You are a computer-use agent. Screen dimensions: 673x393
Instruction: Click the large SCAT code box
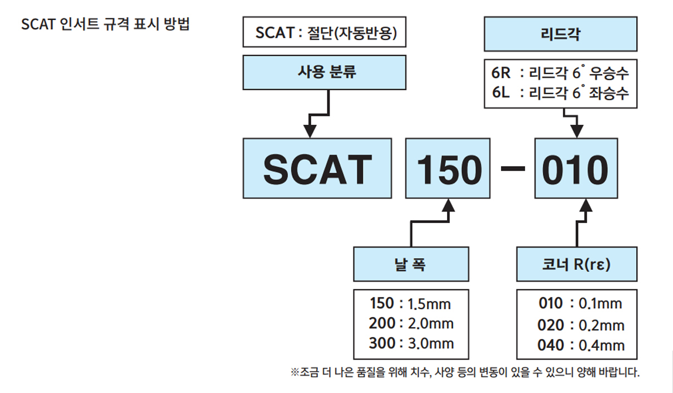(317, 168)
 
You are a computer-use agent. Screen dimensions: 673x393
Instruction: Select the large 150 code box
(448, 168)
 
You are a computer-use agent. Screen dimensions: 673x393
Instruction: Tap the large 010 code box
(576, 168)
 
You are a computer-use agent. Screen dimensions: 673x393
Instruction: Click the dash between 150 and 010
(513, 168)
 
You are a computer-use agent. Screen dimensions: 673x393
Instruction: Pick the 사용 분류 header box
(325, 72)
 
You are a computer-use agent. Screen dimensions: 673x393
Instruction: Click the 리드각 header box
(561, 34)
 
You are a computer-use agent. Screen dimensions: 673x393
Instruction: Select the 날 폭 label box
(411, 264)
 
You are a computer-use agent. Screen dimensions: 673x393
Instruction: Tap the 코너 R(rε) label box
(577, 264)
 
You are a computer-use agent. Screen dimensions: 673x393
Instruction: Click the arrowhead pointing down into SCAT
(310, 131)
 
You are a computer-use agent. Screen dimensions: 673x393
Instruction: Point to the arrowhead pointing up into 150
(448, 205)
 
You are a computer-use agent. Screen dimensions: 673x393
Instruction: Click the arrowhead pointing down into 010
(577, 131)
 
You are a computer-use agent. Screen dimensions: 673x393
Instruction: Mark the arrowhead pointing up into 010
(586, 205)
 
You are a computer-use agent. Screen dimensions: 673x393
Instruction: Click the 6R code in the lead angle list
(501, 73)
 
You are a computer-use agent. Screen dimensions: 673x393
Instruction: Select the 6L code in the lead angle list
(501, 93)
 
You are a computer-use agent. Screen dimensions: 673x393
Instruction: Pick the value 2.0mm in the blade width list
(430, 323)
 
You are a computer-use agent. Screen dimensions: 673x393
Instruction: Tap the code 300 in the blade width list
(382, 343)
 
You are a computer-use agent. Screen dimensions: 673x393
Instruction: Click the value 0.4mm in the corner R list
(602, 345)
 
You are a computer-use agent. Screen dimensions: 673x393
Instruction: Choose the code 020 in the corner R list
(551, 326)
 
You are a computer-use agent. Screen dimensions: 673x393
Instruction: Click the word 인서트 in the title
(79, 24)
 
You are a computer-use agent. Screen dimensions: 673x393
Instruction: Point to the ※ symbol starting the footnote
(294, 372)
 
